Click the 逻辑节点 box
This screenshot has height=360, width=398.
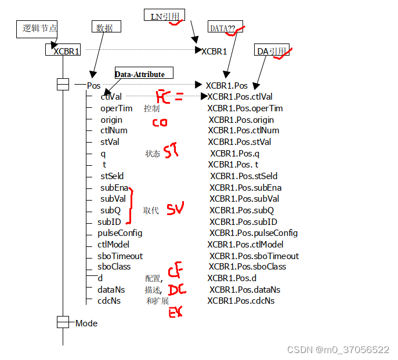click(37, 28)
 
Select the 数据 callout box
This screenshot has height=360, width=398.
click(104, 27)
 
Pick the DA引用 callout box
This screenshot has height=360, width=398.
click(271, 51)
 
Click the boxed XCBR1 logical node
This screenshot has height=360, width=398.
click(63, 51)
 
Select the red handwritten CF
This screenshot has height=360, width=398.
click(176, 271)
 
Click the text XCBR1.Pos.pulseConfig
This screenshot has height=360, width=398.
click(253, 233)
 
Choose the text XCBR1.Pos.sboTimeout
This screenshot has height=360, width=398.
click(254, 256)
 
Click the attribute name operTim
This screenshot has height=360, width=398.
click(116, 108)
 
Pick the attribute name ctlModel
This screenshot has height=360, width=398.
click(114, 245)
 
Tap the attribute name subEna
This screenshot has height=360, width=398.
click(114, 188)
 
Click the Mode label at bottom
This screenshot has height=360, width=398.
click(86, 323)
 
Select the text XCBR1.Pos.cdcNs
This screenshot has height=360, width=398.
click(241, 301)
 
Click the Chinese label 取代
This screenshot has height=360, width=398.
click(151, 210)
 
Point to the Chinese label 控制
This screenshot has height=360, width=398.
click(152, 108)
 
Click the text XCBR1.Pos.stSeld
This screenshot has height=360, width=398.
click(244, 176)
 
